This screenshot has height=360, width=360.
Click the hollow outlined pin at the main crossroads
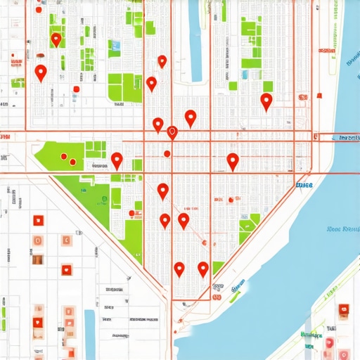coord(172,131)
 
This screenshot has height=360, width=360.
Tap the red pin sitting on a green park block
coord(56,39)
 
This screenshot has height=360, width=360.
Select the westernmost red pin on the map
coord(41,71)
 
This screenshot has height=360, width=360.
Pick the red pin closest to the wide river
coord(266,101)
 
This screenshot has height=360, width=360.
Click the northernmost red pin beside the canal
coord(162,61)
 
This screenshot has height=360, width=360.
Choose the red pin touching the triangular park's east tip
coord(117,160)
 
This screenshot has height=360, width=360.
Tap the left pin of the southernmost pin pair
coord(179,268)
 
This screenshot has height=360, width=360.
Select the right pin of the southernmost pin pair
coord(203,268)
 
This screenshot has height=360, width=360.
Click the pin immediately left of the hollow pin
coord(158,124)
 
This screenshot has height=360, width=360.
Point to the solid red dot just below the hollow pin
coord(167,153)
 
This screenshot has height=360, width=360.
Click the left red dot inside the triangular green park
coord(64,157)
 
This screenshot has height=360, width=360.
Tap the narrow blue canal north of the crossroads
coord(194,28)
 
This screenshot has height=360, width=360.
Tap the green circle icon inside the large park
coord(105,200)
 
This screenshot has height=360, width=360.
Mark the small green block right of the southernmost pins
coord(219,267)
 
